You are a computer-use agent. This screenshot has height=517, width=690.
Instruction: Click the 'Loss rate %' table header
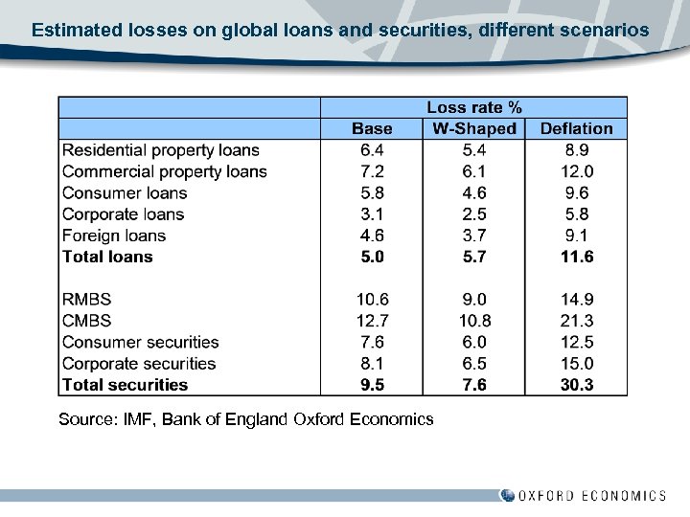[x=473, y=107]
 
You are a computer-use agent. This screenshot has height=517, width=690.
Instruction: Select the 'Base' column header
[x=372, y=128]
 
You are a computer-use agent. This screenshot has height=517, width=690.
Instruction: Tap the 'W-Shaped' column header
[x=473, y=128]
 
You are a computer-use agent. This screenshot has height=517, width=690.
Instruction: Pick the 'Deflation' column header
[x=576, y=128]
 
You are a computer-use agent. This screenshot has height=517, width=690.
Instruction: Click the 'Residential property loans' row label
[x=160, y=150]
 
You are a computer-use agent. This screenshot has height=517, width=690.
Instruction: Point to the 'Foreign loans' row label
[x=113, y=236]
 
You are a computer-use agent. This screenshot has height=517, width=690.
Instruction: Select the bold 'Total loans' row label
[x=107, y=257]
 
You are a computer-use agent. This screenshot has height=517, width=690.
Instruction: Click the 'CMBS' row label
[x=86, y=321]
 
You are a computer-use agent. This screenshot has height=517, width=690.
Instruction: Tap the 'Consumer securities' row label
[x=140, y=342]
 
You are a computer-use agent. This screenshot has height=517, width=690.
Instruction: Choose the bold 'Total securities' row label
[x=125, y=385]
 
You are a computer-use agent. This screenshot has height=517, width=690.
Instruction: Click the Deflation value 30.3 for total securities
[x=576, y=385]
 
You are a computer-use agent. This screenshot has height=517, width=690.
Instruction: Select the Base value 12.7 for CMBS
[x=372, y=321]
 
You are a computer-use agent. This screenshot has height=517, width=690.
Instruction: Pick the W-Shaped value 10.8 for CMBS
[x=473, y=321]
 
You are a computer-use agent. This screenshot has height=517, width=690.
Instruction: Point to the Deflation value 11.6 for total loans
[x=576, y=257]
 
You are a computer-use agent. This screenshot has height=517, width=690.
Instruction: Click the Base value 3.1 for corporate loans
[x=372, y=214]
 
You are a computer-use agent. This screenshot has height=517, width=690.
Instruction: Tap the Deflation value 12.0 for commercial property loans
[x=576, y=171]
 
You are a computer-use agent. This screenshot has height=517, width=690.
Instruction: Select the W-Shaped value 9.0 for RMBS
[x=473, y=300]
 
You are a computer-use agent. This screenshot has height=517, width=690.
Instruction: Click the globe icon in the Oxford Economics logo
[x=507, y=495]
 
